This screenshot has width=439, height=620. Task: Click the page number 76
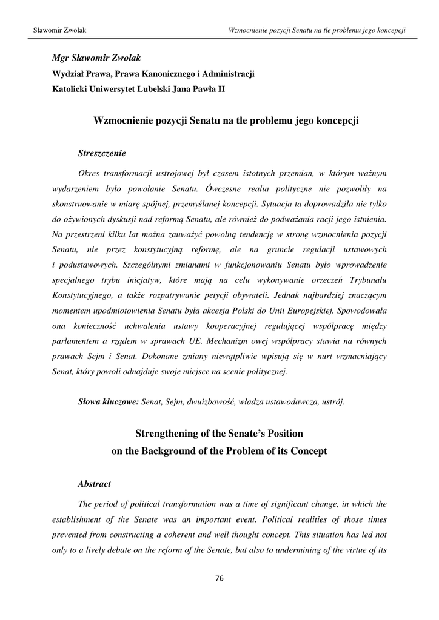point(219,578)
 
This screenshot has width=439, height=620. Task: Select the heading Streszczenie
point(102,154)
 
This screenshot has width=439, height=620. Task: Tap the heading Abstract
point(95,484)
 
